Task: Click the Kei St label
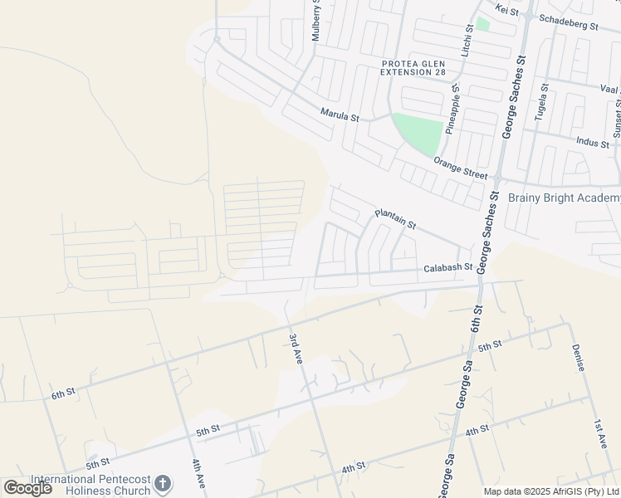coord(506,11)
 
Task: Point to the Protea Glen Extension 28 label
coord(413,68)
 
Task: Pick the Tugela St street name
coord(540,103)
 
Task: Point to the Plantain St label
coord(394,218)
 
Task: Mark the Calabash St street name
coord(447,268)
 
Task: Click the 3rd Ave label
coord(295,346)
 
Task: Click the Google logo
coord(28,487)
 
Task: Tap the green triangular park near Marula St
coord(419,131)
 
